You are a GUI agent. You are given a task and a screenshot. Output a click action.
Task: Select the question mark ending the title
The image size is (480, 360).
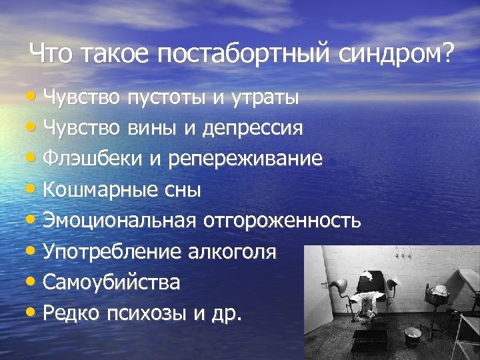pyautogui.click(x=445, y=53)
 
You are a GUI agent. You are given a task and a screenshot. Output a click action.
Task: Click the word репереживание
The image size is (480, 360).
pyautogui.click(x=245, y=159)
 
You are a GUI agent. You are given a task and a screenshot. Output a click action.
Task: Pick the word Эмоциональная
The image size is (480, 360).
pyautogui.click(x=119, y=221)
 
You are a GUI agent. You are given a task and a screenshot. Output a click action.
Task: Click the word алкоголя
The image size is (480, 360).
pyautogui.click(x=236, y=251)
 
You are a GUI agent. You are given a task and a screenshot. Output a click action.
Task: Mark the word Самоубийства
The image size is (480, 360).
pyautogui.click(x=111, y=282)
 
